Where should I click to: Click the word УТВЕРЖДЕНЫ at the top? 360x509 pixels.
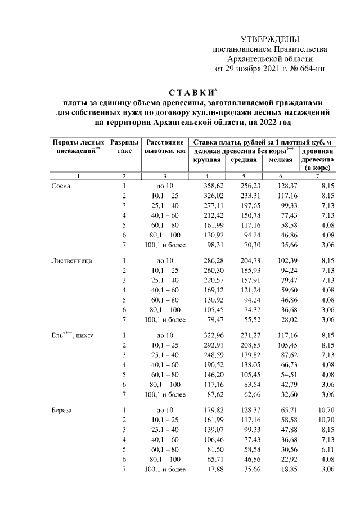(269, 39)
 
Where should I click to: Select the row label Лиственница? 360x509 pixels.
(71, 260)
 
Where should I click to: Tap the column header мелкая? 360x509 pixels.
(281, 160)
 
